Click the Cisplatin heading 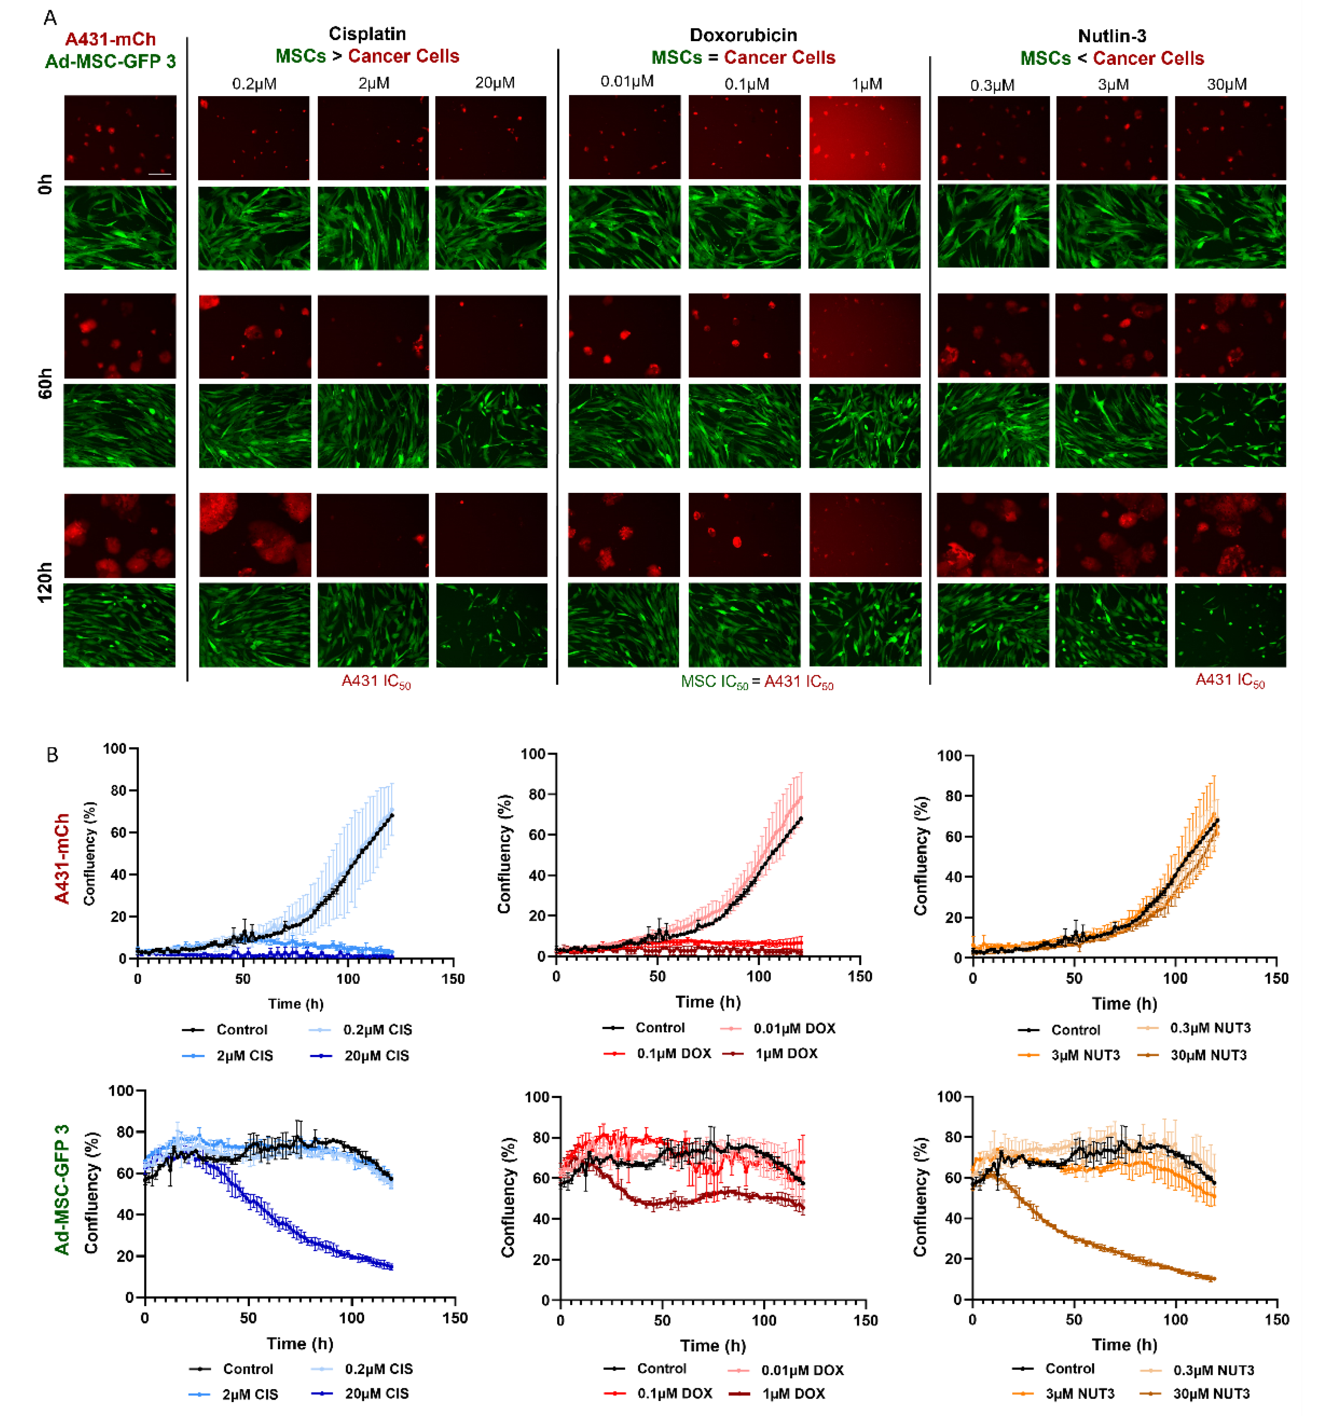[367, 34]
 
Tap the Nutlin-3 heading [1112, 36]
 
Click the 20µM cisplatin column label [495, 83]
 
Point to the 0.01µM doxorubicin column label [626, 81]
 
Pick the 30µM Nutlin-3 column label [1226, 84]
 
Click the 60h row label [45, 383]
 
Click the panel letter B [51, 755]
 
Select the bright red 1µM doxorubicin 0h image [864, 138]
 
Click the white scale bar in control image [159, 174]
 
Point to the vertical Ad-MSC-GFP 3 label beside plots [62, 1189]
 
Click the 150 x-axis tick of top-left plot [453, 979]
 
